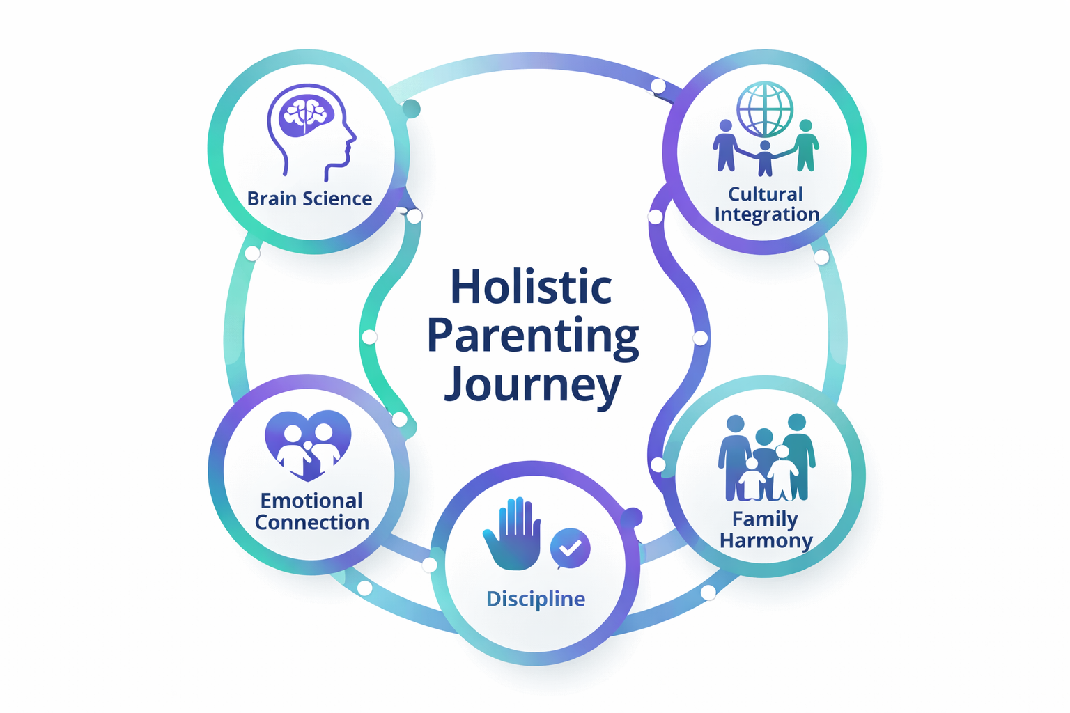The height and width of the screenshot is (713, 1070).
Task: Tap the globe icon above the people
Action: coord(765,109)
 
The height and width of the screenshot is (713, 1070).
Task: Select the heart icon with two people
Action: coord(308,444)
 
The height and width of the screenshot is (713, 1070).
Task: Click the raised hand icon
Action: coord(513,534)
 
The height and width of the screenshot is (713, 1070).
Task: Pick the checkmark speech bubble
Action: coord(571,548)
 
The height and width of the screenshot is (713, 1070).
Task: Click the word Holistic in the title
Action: coord(532,287)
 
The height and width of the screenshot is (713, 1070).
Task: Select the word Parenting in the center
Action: coord(533,336)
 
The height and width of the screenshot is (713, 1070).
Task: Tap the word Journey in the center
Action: coord(533,385)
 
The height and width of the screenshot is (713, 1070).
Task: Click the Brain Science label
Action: coord(309,199)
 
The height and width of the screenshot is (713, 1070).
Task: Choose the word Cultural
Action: coord(765,194)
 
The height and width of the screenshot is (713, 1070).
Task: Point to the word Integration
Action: coord(766,214)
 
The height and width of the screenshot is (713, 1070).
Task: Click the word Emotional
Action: coord(311,501)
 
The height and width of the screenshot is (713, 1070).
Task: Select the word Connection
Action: coord(311,522)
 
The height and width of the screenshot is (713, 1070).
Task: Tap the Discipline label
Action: coord(536,599)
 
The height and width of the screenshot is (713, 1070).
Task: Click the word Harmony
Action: coord(766,540)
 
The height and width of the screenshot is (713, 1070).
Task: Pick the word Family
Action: coord(765,519)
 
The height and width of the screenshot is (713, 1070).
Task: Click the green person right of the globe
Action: coord(806,145)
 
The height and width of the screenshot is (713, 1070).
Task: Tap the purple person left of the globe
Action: coord(725,145)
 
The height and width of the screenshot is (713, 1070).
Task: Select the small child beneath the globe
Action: coord(765,159)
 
